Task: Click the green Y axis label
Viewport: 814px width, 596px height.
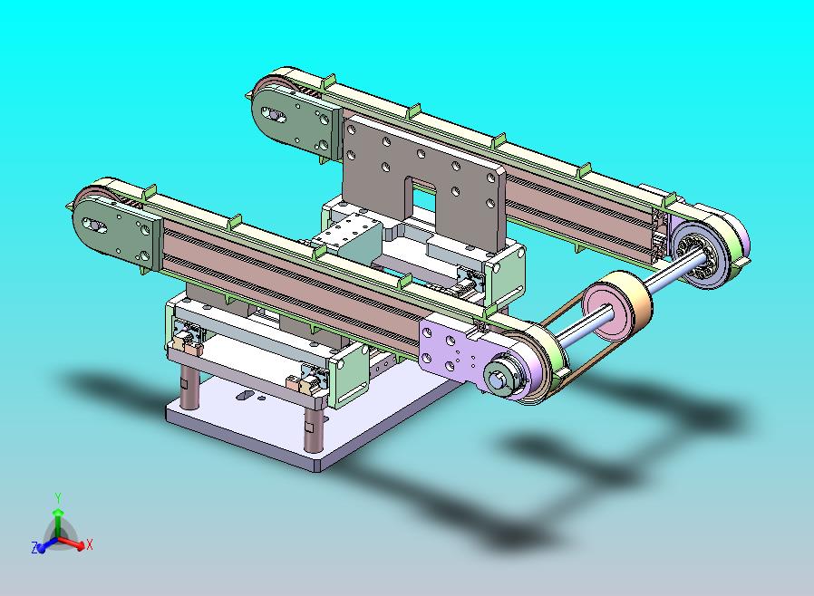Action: coord(58,498)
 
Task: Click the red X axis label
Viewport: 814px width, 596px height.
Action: coord(90,544)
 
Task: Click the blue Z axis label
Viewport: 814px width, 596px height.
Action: coord(34,548)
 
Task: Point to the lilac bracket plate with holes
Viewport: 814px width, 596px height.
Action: coord(451,347)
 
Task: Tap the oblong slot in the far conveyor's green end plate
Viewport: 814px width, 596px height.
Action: coord(273,115)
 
